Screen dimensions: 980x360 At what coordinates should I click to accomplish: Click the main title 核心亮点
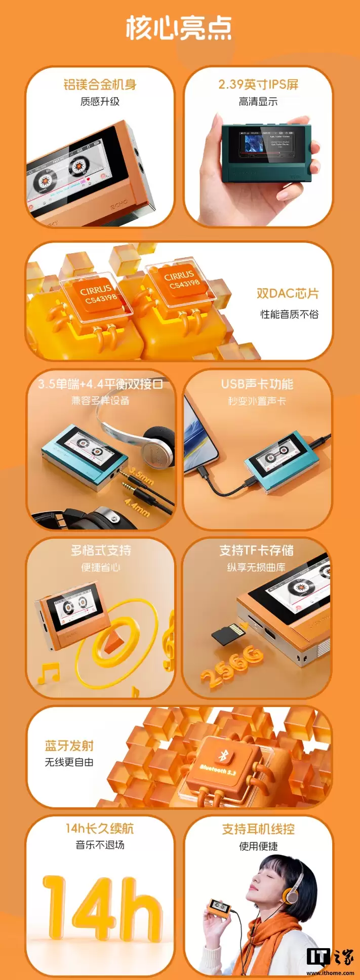[x=179, y=28]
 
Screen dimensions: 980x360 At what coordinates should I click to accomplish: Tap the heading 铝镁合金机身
[x=100, y=85]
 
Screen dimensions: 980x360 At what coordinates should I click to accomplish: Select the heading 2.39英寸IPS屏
[x=258, y=85]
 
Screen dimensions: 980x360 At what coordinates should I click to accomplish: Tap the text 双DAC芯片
[x=288, y=294]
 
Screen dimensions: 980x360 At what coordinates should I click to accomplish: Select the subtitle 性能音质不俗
[x=289, y=315]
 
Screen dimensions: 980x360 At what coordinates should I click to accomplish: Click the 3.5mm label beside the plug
[x=141, y=476]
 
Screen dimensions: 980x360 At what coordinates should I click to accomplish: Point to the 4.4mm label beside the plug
[x=137, y=507]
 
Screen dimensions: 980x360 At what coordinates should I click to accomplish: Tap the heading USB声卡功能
[x=257, y=384]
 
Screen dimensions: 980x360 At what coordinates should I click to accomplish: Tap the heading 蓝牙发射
[x=69, y=746]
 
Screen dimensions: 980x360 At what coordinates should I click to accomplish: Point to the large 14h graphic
[x=101, y=913]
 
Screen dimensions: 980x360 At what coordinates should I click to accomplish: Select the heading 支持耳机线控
[x=258, y=829]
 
